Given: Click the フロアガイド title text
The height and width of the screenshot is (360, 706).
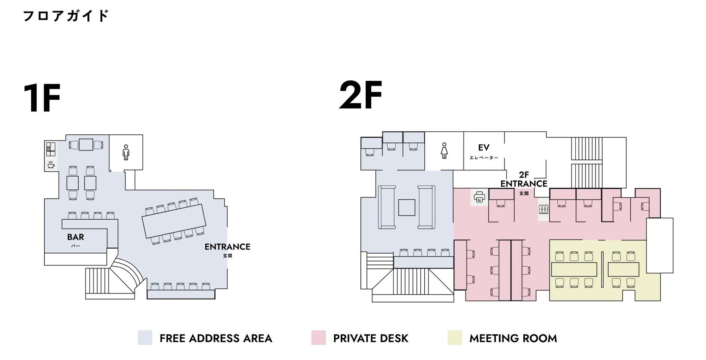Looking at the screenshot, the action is [x=66, y=16].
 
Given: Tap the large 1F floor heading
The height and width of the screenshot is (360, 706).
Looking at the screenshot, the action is [x=41, y=98].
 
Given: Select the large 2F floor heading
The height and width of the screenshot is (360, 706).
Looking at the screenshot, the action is [x=360, y=95].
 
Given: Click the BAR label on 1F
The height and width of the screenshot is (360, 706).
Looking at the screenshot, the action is [x=75, y=237].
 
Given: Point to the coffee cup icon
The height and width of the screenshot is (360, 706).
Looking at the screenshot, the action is [x=51, y=164].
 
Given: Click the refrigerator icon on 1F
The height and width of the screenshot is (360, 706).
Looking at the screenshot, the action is [x=51, y=149].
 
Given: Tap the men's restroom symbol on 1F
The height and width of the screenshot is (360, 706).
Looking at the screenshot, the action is [x=126, y=152].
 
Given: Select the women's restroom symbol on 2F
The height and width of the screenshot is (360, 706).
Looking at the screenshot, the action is [x=444, y=150].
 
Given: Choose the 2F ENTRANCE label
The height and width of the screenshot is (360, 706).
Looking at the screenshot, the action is [x=524, y=180].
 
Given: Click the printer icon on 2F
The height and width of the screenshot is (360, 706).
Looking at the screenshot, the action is [x=479, y=196].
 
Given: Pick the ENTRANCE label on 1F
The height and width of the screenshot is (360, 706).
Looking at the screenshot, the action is [x=227, y=247].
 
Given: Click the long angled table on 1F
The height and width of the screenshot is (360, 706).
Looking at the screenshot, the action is [x=174, y=221].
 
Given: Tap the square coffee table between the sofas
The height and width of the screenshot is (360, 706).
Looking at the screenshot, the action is [x=406, y=208].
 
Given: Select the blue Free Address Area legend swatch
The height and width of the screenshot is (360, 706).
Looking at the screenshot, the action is [x=145, y=338].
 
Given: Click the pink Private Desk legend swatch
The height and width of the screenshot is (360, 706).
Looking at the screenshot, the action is [x=319, y=338].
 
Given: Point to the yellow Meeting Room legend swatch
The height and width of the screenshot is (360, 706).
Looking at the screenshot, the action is [x=455, y=338].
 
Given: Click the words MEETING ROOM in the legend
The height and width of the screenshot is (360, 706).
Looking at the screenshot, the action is [x=513, y=338].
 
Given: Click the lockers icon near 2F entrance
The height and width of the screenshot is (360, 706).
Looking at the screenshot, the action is [x=544, y=210].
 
